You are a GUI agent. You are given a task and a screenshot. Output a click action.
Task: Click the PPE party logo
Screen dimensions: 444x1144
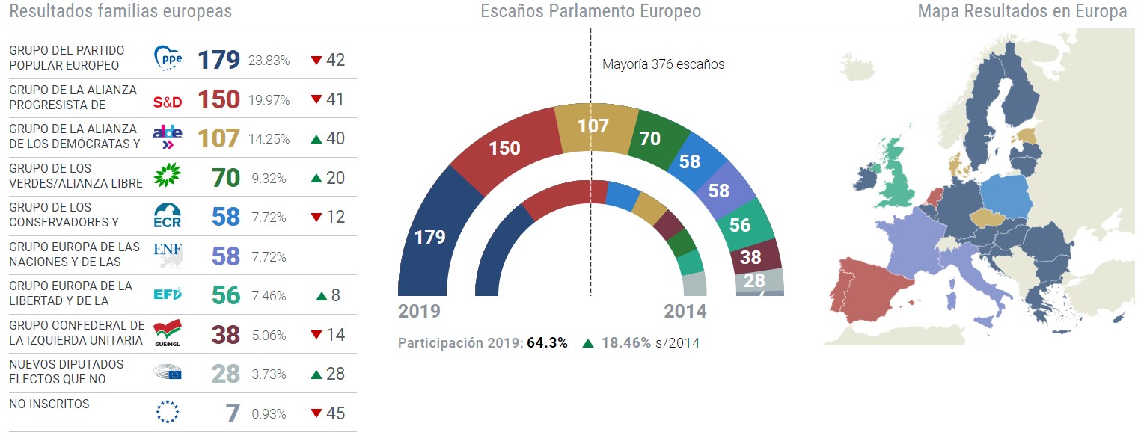tap(168, 58)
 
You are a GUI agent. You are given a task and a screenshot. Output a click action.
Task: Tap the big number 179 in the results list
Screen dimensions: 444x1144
tap(218, 60)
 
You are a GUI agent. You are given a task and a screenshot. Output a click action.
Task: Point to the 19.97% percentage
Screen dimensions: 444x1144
tap(269, 100)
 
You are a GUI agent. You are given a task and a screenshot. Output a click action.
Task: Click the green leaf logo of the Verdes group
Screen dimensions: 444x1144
tap(168, 176)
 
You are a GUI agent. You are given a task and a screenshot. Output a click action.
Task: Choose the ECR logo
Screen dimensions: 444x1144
tap(167, 215)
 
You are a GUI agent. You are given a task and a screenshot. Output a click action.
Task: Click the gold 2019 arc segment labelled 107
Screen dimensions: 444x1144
tap(593, 126)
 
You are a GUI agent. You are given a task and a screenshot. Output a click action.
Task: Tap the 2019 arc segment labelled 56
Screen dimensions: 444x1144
tap(740, 225)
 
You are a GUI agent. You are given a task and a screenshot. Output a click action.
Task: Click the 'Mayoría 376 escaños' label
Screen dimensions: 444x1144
tap(663, 64)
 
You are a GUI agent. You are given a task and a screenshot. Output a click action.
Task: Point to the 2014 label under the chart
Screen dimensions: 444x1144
tap(685, 311)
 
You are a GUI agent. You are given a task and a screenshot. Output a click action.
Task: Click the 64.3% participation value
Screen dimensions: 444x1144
tap(547, 343)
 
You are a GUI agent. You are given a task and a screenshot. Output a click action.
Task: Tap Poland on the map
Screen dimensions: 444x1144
tap(1006, 196)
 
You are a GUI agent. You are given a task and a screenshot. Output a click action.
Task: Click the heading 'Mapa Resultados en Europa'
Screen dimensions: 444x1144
tap(1022, 12)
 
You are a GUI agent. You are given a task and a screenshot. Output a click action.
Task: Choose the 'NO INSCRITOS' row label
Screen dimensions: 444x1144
tap(49, 404)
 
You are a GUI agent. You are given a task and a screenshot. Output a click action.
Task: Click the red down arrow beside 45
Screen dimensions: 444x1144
tap(316, 413)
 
